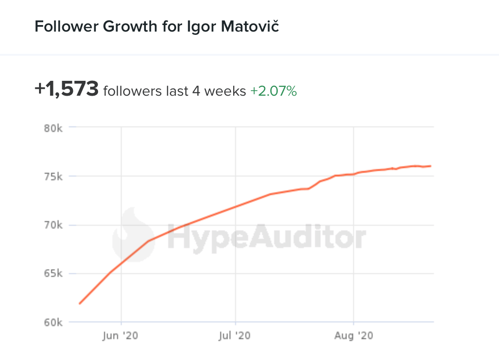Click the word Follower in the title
coord(66,26)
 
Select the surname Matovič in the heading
coord(256,26)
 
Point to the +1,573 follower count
coord(66,89)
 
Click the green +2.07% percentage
coord(273,91)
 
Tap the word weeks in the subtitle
coord(225,91)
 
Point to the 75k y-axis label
coord(53,177)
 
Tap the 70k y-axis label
coord(53,225)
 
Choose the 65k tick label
coord(53,274)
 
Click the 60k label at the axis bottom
coord(53,322)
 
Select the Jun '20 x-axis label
coord(121,335)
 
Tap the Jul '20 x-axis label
coord(235,335)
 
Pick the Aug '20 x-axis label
coord(354,335)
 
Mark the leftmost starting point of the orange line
coord(79,303)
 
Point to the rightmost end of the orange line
coord(431,166)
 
